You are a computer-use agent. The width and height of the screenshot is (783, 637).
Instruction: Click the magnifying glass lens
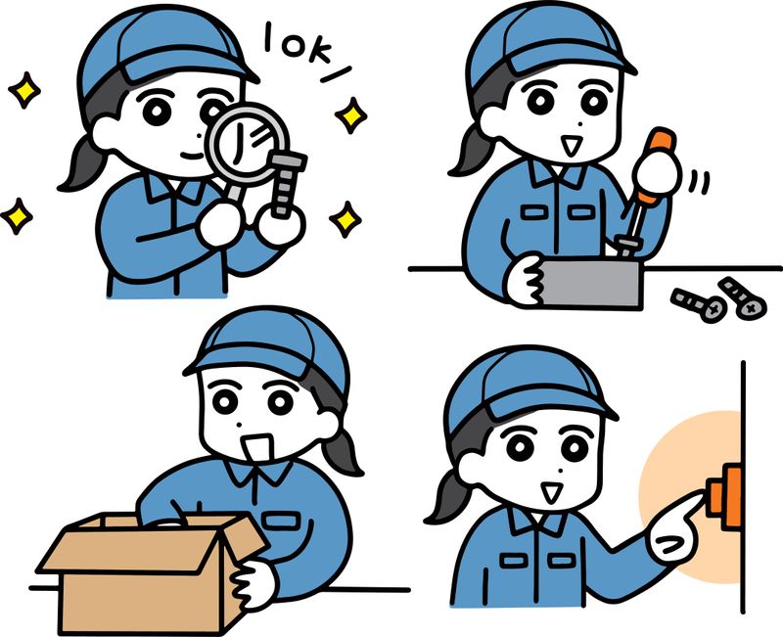click(248, 145)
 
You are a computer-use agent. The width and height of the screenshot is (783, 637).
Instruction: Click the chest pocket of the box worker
click(282, 521)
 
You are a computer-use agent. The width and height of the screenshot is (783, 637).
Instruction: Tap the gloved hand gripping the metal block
click(526, 280)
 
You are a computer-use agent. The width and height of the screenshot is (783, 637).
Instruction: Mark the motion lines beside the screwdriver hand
click(699, 182)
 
